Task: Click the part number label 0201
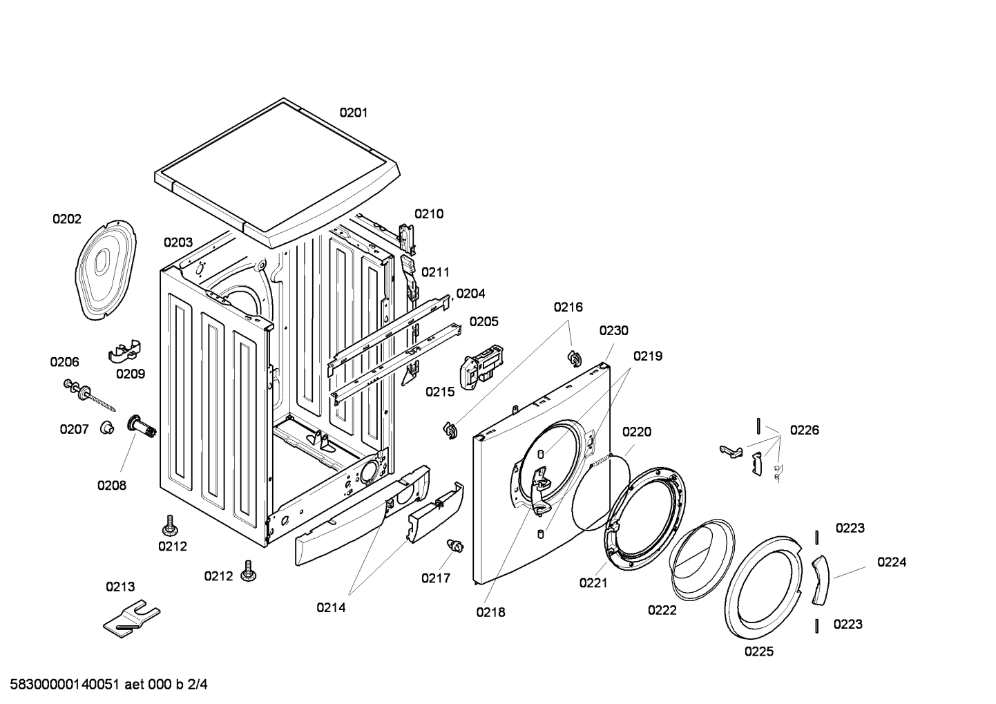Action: (354, 113)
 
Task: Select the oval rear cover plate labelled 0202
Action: (106, 269)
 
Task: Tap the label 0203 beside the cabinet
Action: (178, 242)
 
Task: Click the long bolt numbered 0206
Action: (89, 395)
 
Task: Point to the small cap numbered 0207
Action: (106, 428)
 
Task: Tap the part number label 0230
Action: (613, 331)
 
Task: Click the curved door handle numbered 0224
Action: (821, 580)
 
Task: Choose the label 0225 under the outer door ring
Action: (759, 651)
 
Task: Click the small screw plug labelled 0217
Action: (455, 545)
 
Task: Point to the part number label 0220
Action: (637, 432)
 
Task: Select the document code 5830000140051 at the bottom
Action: (65, 685)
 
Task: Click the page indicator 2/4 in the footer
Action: (198, 685)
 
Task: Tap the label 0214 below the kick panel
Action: (331, 607)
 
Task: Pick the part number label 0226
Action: (805, 430)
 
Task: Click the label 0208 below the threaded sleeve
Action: (112, 486)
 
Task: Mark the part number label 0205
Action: (483, 321)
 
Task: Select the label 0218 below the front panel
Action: (490, 612)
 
